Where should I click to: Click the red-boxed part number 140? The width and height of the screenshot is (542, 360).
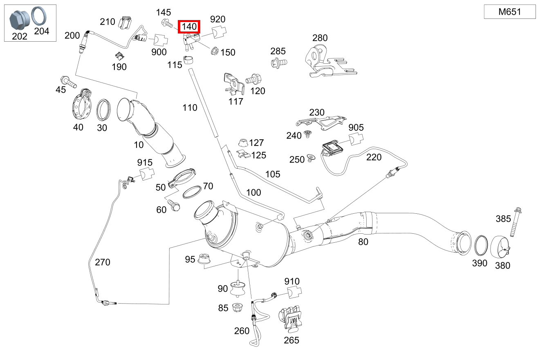click(190, 27)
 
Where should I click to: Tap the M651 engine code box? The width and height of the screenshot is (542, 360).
click(509, 12)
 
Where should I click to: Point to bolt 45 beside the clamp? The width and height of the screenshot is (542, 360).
click(68, 81)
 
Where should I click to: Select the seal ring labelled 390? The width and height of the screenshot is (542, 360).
click(482, 246)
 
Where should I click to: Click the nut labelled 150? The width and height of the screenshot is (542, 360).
click(213, 51)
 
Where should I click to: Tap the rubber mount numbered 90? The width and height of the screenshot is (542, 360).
click(237, 289)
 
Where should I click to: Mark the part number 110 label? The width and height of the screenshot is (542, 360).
click(190, 107)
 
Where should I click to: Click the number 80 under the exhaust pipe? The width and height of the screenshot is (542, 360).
click(363, 241)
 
